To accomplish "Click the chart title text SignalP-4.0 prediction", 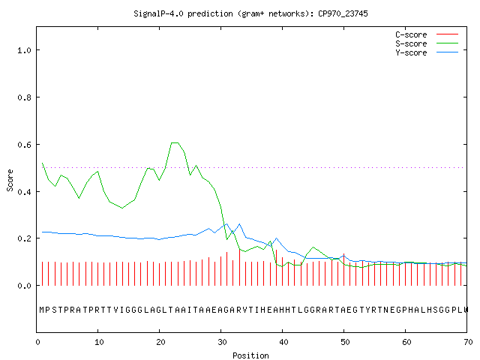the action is [x=183, y=13].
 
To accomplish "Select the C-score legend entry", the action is [x=427, y=34].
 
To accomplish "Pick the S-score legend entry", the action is [x=427, y=43].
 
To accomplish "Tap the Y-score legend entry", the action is [x=427, y=52].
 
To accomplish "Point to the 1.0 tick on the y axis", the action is [x=24, y=50].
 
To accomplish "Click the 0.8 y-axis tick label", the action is [x=24, y=97].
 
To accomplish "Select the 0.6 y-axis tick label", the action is [x=24, y=145].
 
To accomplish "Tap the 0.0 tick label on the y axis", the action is [x=24, y=286].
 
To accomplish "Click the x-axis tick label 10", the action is [x=99, y=342].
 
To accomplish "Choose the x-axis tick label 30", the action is [x=222, y=342].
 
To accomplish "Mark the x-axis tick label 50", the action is [x=345, y=342].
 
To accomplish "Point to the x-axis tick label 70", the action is [x=468, y=342].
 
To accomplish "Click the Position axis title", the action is [x=250, y=355].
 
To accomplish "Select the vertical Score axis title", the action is [x=10, y=180].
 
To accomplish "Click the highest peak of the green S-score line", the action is [x=175, y=142].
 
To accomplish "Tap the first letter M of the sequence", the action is [x=42, y=310].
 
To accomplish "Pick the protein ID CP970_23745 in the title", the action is [x=343, y=13].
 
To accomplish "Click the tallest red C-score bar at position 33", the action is [x=239, y=268].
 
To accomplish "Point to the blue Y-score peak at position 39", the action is [x=276, y=238].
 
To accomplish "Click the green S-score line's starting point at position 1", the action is [x=42, y=163].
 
